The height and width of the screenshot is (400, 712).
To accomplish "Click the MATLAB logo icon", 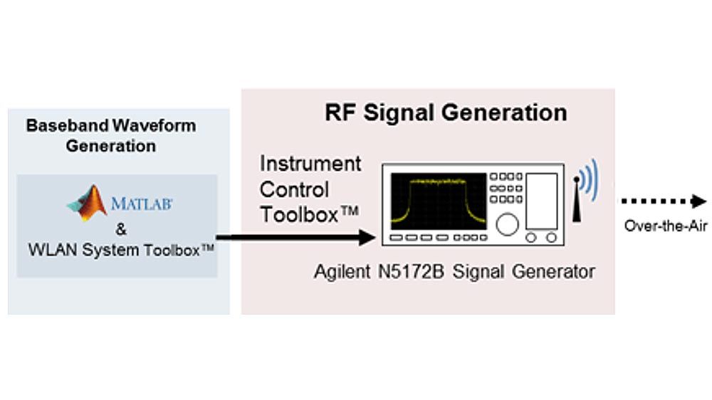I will coord(88,203).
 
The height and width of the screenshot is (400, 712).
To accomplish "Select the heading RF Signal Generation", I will coord(446,112).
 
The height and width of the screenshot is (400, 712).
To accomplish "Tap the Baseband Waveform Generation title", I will coord(111,136).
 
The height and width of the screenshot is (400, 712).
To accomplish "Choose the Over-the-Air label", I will coord(665,226).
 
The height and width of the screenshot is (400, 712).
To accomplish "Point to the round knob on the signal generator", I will coord(506,225).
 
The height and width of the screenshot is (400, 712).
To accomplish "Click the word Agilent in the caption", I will coord(340,272).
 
